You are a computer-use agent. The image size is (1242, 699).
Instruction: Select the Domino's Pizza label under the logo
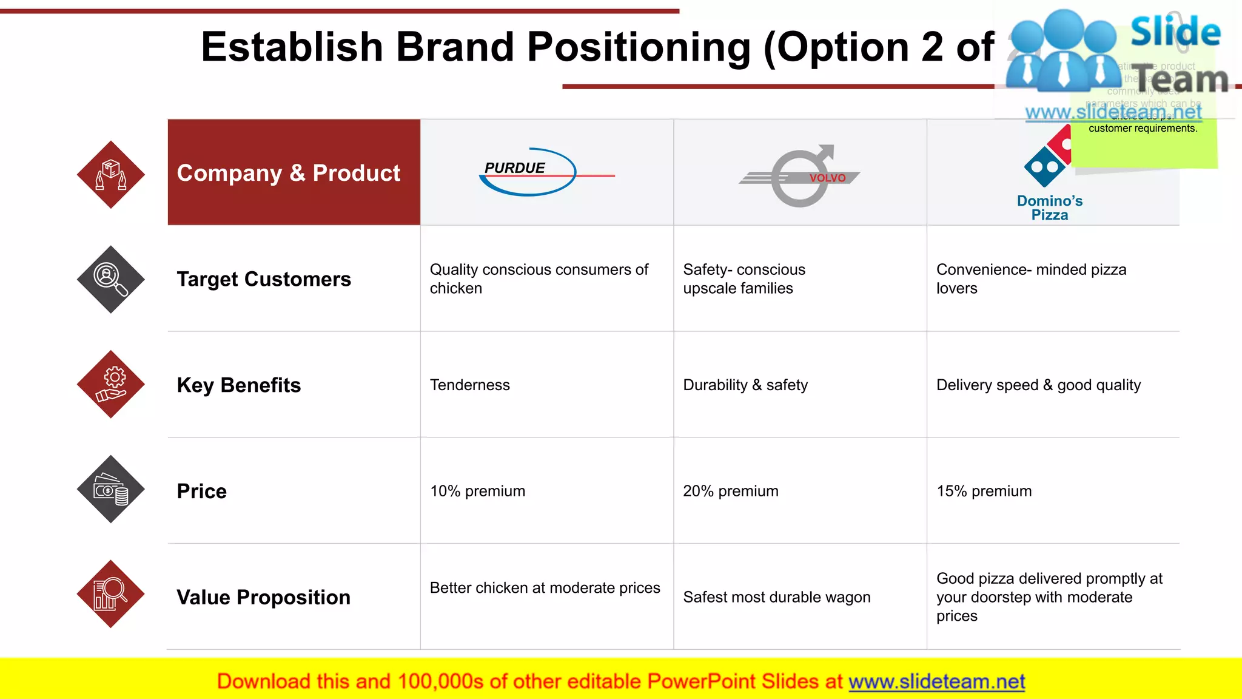pos(1049,208)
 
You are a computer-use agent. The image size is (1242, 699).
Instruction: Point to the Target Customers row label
pos(264,279)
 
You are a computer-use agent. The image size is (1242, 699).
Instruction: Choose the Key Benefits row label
pos(239,385)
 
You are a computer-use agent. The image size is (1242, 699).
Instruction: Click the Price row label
pos(202,491)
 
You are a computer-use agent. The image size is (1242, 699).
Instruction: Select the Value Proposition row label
pos(264,598)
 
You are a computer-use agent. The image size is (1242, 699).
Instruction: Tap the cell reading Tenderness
pos(470,385)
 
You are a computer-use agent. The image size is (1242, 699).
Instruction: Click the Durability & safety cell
pos(745,385)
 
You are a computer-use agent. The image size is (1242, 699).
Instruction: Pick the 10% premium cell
pos(478,491)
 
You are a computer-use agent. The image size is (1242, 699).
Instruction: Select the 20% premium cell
pos(731,491)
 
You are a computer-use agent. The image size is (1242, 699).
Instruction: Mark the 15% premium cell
pos(984,491)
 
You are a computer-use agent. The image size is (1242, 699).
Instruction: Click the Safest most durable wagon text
pos(777,598)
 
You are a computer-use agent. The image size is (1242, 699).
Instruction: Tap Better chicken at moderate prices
pos(545,588)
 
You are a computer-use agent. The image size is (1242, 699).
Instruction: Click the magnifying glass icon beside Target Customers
pos(111,280)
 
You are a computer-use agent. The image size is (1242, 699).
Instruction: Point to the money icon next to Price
pos(111,489)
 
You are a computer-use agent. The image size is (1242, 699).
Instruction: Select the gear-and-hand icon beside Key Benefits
pos(111,384)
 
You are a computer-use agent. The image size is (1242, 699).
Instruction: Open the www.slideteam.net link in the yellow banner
pos(936,682)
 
